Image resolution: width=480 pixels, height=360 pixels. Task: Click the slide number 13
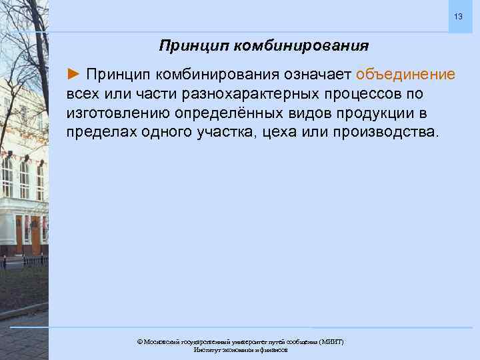[x=457, y=16]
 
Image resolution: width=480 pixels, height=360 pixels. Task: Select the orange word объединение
[x=406, y=73]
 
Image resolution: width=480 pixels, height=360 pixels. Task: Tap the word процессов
[x=351, y=92]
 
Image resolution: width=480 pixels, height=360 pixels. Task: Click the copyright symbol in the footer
[x=140, y=341]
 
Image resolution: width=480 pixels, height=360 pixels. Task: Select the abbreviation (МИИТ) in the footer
[x=331, y=341]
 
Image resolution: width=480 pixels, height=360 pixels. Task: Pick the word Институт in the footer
[x=207, y=349]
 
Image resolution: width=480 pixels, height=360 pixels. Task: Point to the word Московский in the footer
[x=162, y=341]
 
